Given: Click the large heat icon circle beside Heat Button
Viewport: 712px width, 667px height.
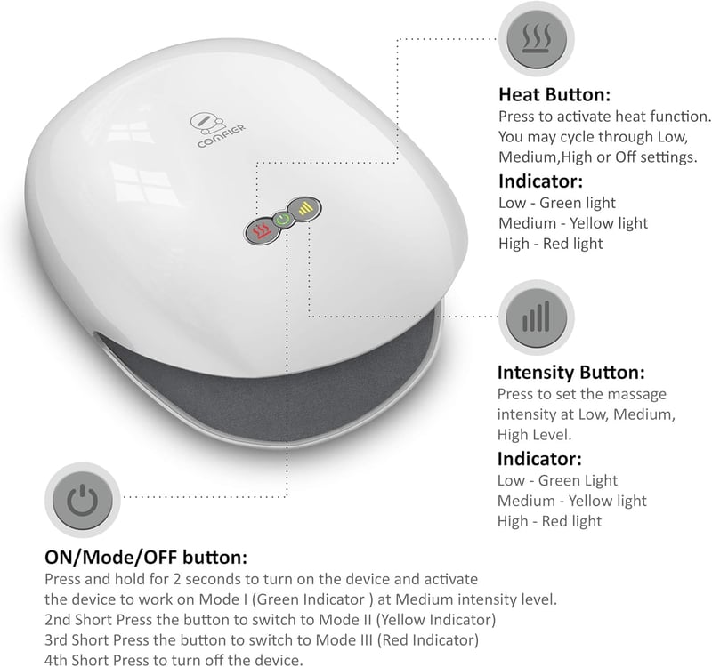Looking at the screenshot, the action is click(x=537, y=38).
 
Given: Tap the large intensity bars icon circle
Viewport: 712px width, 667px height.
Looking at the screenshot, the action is click(x=537, y=317).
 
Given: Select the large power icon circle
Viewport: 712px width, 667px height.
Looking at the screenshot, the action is click(x=82, y=500).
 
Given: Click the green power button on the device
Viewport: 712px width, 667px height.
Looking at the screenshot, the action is click(x=282, y=221).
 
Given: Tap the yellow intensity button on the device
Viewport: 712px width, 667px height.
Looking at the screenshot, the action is click(x=304, y=209).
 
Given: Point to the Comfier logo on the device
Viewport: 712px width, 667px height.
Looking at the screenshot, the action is click(x=217, y=129).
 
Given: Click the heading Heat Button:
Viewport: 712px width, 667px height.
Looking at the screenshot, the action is click(x=554, y=95).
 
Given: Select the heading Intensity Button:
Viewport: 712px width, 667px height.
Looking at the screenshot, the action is click(x=570, y=372).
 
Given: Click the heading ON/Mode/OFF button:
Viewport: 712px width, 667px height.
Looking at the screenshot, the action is click(x=146, y=558).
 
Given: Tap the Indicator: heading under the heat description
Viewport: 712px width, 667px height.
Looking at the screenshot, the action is click(x=540, y=181).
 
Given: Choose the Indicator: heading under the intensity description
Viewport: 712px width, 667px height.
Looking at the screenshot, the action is click(x=539, y=459).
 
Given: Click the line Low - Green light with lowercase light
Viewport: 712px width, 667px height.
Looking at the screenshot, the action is click(x=557, y=203).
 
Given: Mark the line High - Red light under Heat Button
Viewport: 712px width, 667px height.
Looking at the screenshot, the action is click(x=550, y=244).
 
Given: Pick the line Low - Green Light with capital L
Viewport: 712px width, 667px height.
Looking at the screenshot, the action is click(x=557, y=480).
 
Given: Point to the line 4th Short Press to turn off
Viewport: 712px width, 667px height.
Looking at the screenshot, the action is click(x=174, y=660).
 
